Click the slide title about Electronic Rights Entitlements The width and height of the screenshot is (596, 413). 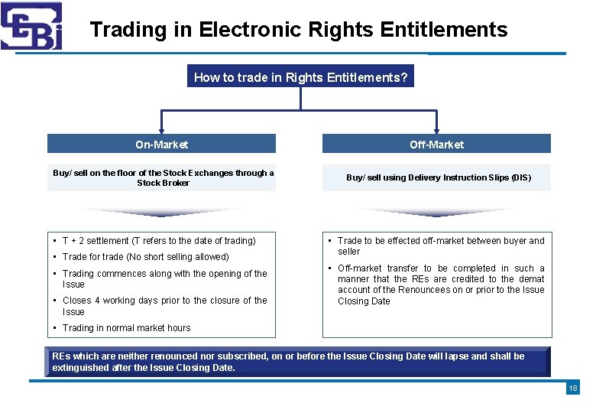pyautogui.click(x=298, y=30)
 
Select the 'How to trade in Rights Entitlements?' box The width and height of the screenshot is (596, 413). pyautogui.click(x=300, y=77)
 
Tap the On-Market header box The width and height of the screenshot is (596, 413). pyautogui.click(x=161, y=145)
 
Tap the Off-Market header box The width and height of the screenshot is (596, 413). pyautogui.click(x=436, y=145)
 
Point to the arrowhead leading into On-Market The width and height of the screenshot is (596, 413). pyautogui.click(x=161, y=129)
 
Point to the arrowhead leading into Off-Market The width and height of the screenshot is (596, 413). pyautogui.click(x=436, y=129)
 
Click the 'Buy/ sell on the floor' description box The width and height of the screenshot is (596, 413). pyautogui.click(x=163, y=177)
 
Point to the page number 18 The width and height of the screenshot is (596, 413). pyautogui.click(x=573, y=389)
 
